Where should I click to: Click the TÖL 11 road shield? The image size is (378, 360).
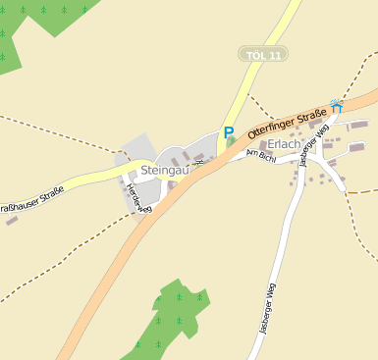point(262,55)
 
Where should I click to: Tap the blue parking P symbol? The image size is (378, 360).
point(229,132)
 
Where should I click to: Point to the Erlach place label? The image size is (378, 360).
point(283,143)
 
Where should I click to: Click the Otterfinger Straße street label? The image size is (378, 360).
point(287,123)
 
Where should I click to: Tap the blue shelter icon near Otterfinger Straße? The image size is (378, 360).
point(337,105)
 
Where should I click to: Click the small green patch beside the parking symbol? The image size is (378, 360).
point(230,144)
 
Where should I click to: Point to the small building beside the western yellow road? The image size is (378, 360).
point(12,220)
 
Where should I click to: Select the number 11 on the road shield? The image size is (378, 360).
point(274,55)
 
